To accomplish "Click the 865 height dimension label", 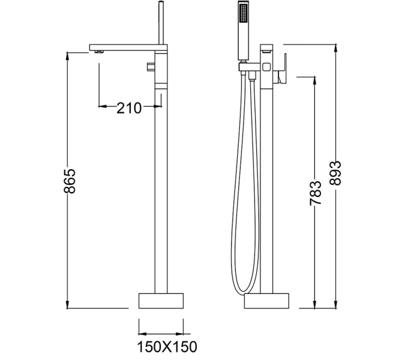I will (x=70, y=181).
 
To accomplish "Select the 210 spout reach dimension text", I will (x=128, y=108).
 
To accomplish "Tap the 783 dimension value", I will (x=316, y=194).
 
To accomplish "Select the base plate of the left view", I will (x=161, y=300).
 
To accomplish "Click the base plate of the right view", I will (x=266, y=300).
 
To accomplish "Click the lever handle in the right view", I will (x=283, y=68).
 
